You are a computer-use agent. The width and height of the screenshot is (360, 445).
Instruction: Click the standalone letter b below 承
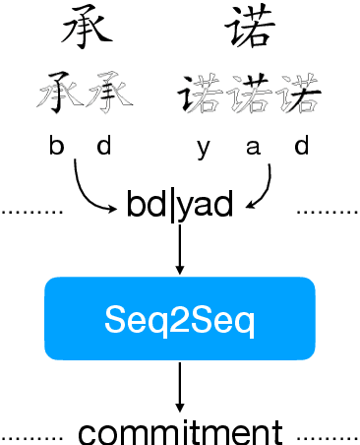point(57,147)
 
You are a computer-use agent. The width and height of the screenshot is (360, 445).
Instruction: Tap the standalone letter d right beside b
point(104,147)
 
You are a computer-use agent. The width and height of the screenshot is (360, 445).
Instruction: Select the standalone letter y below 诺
point(203,148)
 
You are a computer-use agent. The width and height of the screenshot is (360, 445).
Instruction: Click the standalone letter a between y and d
point(252,148)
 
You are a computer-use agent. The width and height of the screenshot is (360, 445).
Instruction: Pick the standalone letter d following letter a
point(301,147)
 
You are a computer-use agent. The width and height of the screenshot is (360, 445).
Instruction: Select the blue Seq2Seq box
point(180,317)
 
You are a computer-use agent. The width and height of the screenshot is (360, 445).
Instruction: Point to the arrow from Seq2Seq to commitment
point(180,386)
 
